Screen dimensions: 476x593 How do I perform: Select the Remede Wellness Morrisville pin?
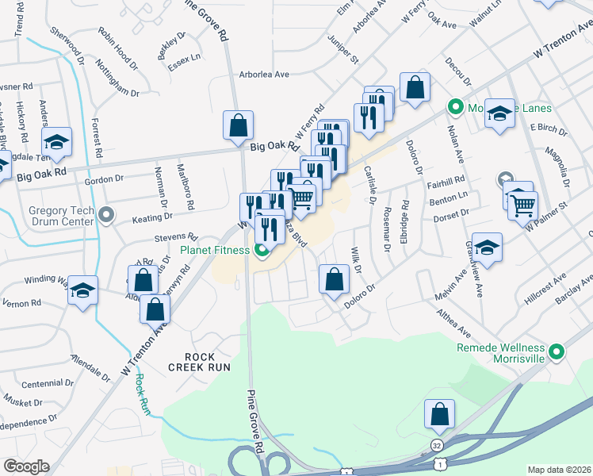[556, 350]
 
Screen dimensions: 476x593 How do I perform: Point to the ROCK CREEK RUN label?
[199, 362]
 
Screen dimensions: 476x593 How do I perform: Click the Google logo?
[26, 466]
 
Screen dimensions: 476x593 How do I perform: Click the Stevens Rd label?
[176, 236]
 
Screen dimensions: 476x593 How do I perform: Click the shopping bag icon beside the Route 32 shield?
[438, 414]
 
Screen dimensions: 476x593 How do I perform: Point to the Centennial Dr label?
[48, 384]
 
